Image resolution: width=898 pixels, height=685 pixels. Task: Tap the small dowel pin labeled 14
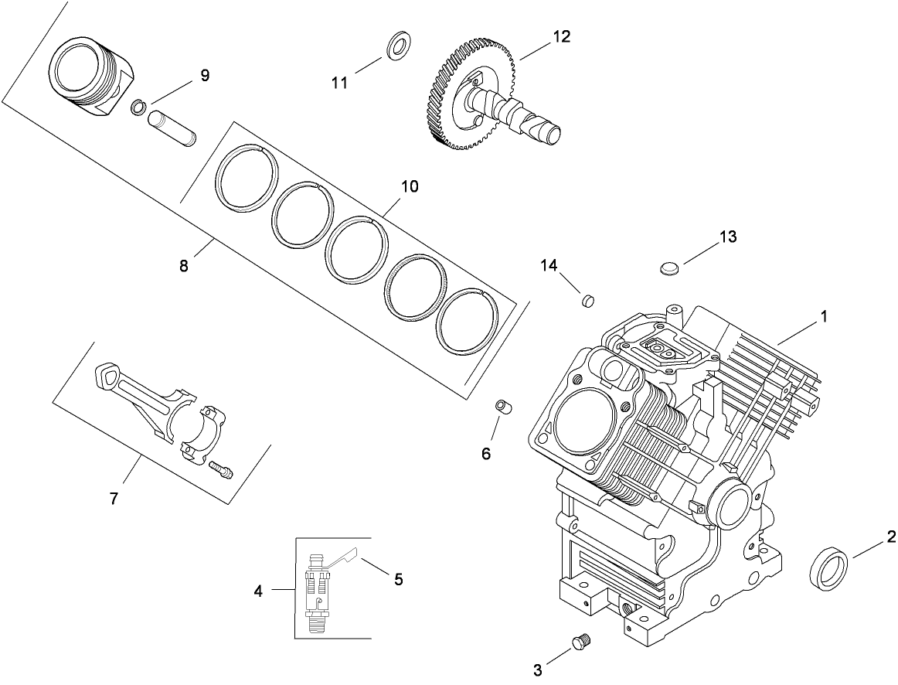coord(587,298)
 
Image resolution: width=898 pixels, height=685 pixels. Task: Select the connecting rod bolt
coord(221,469)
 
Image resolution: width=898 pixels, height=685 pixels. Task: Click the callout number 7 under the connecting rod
coord(114,499)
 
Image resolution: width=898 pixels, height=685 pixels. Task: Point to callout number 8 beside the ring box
coord(183,266)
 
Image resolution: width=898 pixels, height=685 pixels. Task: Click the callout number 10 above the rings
coord(409,186)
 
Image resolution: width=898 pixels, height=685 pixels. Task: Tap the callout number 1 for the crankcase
coord(824,316)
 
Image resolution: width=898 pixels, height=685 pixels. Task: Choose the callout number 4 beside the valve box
coord(258,591)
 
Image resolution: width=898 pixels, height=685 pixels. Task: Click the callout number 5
coord(398,579)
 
